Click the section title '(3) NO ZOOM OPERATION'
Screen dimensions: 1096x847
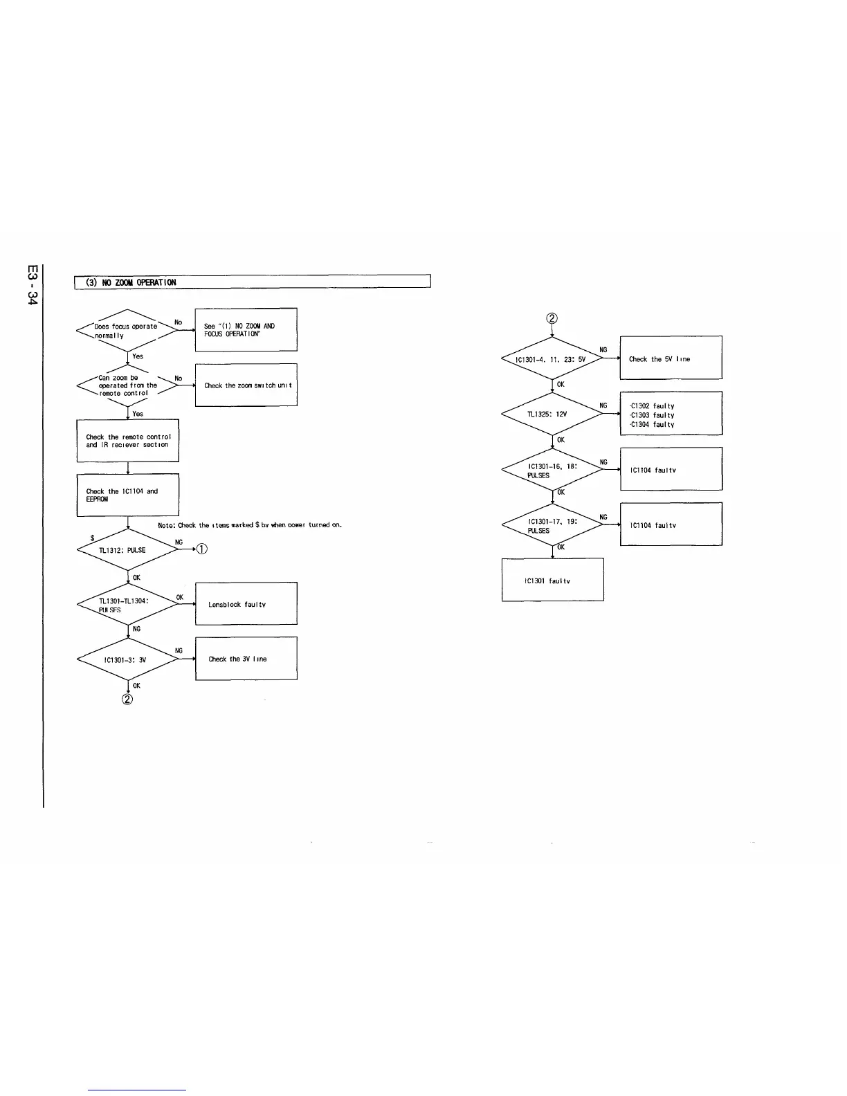[131, 282]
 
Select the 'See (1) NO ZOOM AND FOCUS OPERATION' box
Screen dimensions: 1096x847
[246, 329]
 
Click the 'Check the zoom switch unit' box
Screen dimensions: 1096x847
[246, 385]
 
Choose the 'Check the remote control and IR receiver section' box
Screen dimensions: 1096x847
[128, 441]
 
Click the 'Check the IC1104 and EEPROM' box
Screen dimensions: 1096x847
[128, 495]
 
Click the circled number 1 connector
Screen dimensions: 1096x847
[201, 550]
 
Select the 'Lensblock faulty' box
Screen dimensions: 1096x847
[246, 604]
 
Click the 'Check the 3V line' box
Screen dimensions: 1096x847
[246, 659]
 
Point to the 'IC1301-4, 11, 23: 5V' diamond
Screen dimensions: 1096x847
[552, 359]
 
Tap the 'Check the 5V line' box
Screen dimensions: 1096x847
[671, 358]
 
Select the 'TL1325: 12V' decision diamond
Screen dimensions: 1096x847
[552, 414]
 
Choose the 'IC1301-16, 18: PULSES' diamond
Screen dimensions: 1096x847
[552, 471]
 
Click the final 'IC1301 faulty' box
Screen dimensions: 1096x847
[552, 580]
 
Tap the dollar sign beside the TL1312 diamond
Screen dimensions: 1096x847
[93, 538]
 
